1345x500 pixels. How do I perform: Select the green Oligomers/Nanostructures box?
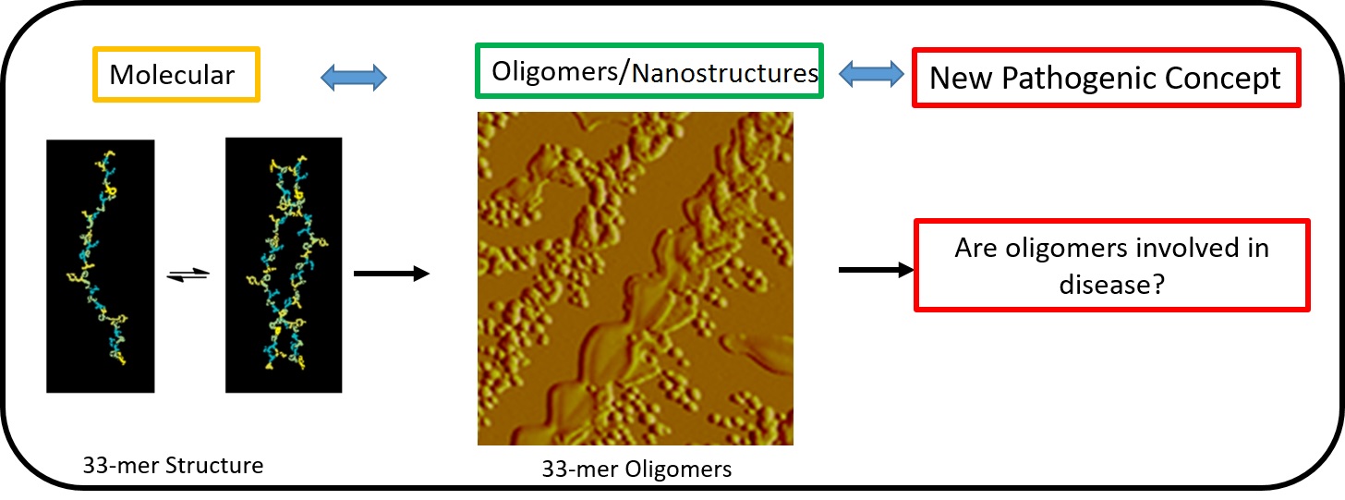[648, 70]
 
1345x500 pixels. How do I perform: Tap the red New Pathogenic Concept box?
[1106, 78]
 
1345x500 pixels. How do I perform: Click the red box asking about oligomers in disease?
[1112, 264]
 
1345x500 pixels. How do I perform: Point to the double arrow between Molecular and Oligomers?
[353, 79]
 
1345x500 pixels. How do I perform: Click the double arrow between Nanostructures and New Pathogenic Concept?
[872, 72]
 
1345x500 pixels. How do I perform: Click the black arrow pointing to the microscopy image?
[392, 274]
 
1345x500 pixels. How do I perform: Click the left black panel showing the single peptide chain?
[100, 265]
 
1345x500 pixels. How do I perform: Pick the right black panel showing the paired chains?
[284, 265]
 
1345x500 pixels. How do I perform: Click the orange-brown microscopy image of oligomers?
[636, 278]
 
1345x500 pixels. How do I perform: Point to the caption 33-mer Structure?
[173, 465]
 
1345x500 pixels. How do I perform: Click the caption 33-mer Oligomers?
[636, 470]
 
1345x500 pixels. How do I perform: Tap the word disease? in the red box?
[1112, 285]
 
